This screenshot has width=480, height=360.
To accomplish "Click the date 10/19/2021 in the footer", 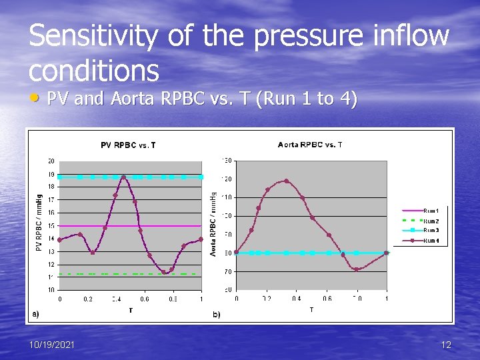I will [52, 345].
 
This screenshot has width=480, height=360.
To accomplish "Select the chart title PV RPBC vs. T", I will [128, 145].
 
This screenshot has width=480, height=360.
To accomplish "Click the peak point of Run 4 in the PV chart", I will [124, 177].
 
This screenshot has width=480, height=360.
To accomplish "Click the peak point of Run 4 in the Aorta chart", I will [287, 181].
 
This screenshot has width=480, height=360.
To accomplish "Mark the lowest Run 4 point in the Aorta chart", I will [357, 269].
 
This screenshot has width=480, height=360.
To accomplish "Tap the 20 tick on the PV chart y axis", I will [51, 161].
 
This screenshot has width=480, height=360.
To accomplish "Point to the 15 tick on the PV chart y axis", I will [51, 225].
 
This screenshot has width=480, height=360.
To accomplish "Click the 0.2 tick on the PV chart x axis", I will [87, 299].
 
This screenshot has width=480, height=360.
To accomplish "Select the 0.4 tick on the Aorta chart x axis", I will [297, 299].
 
